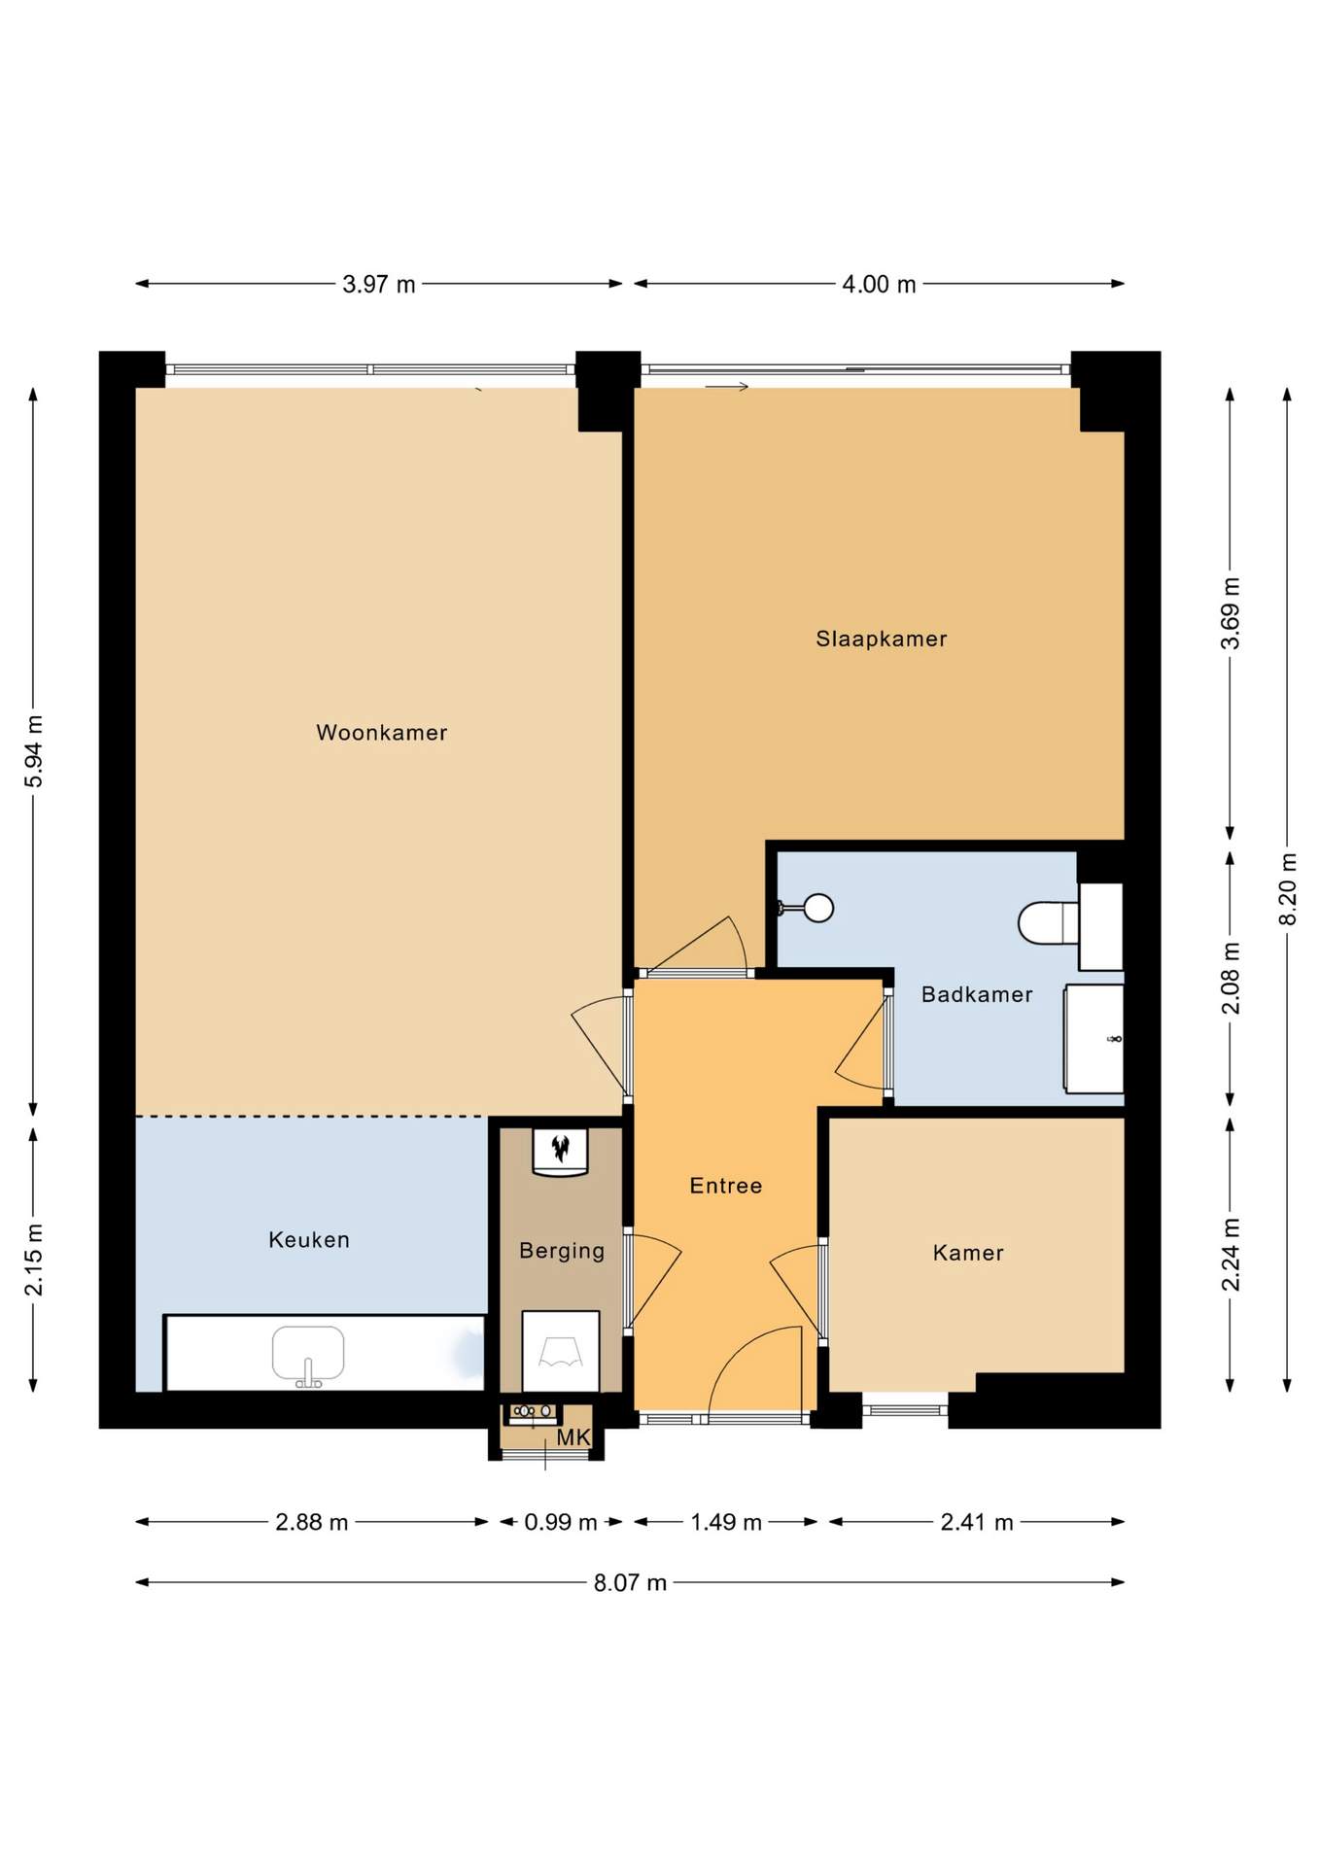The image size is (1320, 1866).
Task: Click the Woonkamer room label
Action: (x=381, y=733)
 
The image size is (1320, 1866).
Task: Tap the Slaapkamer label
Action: (x=881, y=639)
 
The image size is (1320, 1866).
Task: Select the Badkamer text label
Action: (x=977, y=994)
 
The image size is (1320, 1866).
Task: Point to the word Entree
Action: (x=726, y=1186)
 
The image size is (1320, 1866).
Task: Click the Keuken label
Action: (x=309, y=1239)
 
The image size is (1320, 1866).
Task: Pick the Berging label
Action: (x=562, y=1251)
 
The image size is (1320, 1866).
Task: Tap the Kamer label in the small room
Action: (x=968, y=1253)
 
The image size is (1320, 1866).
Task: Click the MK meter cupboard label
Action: (x=573, y=1437)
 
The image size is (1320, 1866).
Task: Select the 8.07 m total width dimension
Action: (x=630, y=1582)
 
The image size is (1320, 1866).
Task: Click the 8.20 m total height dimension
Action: (x=1288, y=889)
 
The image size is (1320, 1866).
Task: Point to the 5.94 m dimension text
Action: (x=34, y=751)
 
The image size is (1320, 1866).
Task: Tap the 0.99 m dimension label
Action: (x=561, y=1522)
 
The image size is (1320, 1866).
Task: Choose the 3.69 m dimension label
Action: (x=1231, y=613)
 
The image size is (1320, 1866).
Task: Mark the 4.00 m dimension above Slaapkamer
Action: (x=879, y=284)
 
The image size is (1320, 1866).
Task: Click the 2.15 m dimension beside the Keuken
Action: (x=34, y=1259)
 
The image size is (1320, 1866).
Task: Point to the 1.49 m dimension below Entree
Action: (x=726, y=1522)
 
